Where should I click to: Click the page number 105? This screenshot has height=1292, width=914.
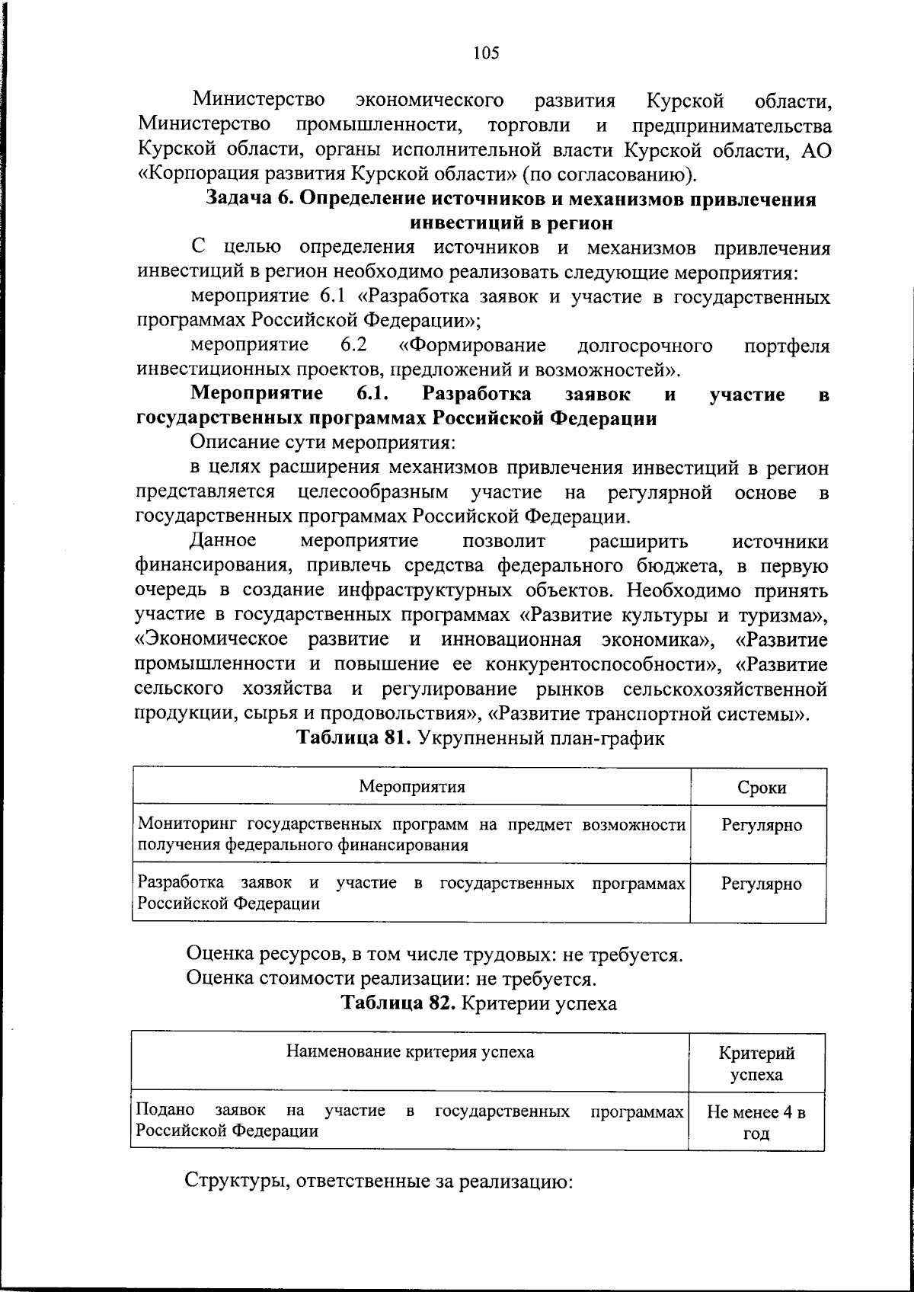(485, 53)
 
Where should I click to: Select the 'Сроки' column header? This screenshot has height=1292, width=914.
(762, 788)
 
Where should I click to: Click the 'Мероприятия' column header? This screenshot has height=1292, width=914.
(412, 786)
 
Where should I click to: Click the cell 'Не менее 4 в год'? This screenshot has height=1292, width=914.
(756, 1122)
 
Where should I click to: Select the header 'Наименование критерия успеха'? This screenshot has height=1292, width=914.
(410, 1052)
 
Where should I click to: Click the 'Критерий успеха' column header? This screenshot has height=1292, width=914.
(756, 1063)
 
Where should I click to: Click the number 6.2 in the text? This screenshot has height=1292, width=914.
(354, 345)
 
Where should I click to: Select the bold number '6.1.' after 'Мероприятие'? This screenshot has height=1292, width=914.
(373, 394)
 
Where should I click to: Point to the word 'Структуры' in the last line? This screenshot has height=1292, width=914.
(232, 1183)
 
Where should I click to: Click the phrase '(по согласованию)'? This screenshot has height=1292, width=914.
(609, 175)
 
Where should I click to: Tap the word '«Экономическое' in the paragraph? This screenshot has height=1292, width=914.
(211, 639)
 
